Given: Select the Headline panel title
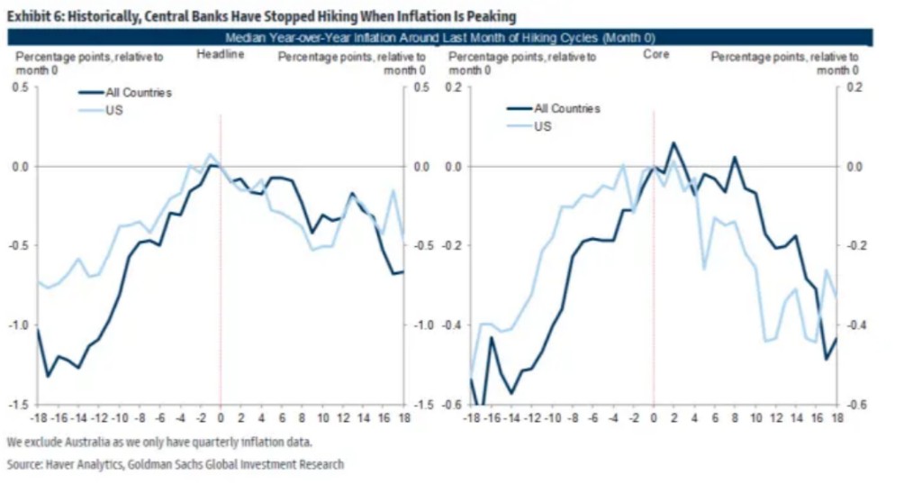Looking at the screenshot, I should pos(216,56).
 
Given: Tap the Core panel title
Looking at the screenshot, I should pos(655,56).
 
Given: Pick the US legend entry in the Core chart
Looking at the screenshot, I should pos(543,126).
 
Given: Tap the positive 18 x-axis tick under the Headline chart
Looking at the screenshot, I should pos(403,420).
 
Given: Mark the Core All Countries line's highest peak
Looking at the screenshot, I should pos(673,142).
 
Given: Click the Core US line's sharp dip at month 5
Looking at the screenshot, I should pos(704,268).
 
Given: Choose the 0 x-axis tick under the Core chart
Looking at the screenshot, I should pos(654,420).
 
